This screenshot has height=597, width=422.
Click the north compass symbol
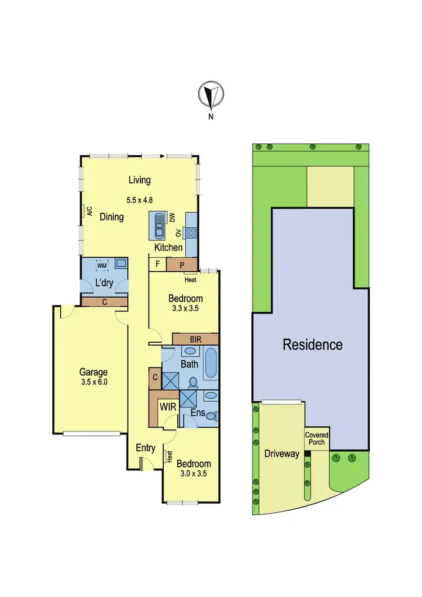click(211, 96)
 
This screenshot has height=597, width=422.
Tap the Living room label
click(140, 180)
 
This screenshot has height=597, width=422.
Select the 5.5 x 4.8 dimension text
click(140, 199)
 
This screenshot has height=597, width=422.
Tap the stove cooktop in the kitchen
click(188, 232)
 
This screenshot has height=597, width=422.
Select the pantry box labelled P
click(182, 264)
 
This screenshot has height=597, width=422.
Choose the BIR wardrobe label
click(195, 339)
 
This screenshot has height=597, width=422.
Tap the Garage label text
click(93, 372)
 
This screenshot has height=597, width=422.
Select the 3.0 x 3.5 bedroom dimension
click(194, 474)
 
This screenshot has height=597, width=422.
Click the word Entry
click(146, 448)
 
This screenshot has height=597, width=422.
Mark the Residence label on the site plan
click(312, 344)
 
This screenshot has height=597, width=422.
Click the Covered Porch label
click(317, 439)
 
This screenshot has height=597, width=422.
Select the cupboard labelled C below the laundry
click(104, 302)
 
